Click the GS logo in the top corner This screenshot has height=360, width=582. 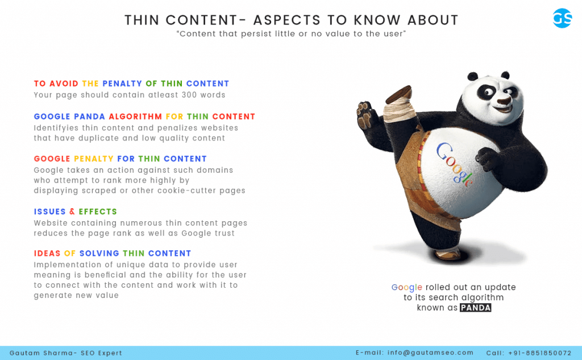tap(562, 18)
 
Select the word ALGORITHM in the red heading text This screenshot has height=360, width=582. tap(135, 117)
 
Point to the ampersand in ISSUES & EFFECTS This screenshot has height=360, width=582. tap(72, 212)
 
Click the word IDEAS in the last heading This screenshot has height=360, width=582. tap(47, 254)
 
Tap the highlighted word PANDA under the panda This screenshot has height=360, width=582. tap(476, 308)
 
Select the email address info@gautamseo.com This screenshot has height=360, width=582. tap(431, 353)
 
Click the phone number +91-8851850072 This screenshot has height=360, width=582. tap(540, 353)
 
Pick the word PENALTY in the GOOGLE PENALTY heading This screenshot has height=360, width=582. tap(94, 159)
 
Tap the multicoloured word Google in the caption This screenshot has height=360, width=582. tap(407, 288)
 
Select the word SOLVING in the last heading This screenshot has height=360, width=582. tap(99, 254)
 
